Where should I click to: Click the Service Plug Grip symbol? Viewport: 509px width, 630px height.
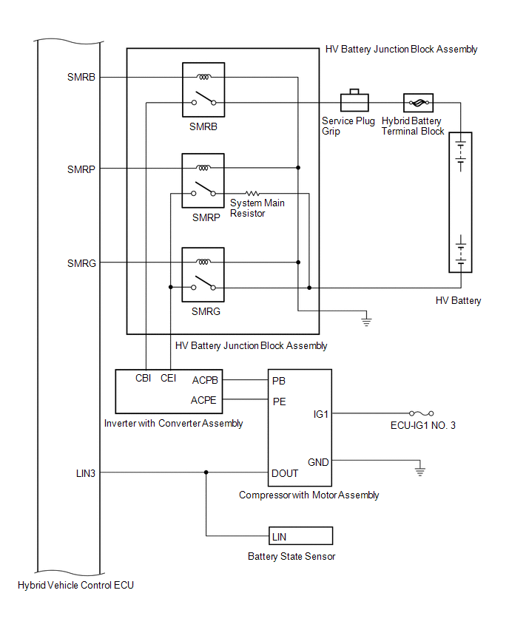354,101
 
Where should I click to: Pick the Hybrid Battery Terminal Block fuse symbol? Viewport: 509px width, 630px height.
418,103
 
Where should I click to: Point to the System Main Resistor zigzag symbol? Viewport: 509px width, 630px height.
252,194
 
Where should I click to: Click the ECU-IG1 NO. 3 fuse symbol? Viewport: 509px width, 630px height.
422,413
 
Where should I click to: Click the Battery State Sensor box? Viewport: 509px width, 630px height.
300,536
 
